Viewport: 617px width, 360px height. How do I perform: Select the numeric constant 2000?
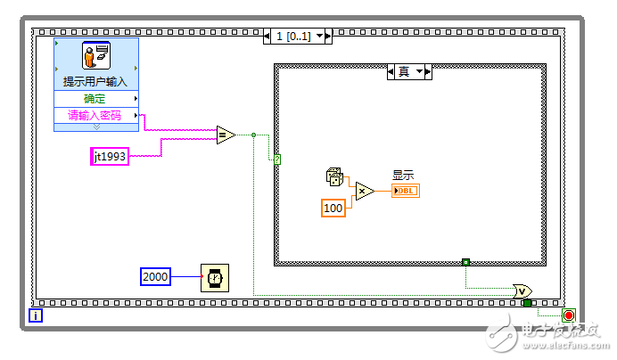[x=155, y=276]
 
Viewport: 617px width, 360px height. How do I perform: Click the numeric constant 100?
[x=333, y=208]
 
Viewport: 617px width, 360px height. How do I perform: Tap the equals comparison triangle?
[x=226, y=135]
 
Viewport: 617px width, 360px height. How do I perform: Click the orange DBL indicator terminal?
[x=405, y=190]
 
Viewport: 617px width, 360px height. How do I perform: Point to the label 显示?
[x=403, y=176]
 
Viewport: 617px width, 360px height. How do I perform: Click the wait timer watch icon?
[x=214, y=277]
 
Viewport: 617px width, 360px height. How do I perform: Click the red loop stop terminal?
[x=569, y=315]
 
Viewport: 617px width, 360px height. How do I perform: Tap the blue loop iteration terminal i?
[x=36, y=315]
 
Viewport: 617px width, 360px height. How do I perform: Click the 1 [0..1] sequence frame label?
[x=297, y=37]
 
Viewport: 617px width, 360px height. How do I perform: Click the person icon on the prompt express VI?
[x=96, y=56]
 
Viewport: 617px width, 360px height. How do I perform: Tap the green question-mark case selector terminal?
[x=277, y=160]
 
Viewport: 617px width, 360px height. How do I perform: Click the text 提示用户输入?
[x=95, y=81]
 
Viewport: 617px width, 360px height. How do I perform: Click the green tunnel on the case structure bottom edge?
[x=465, y=262]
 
